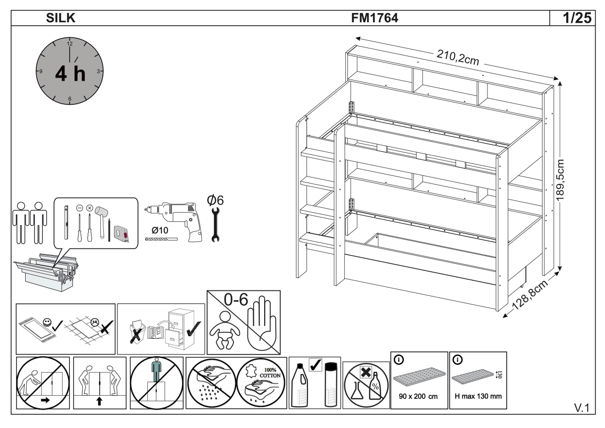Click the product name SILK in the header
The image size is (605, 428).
pyautogui.click(x=61, y=19)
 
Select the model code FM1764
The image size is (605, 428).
pyautogui.click(x=375, y=19)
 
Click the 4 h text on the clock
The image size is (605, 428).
pyautogui.click(x=70, y=74)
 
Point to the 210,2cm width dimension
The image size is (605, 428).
pyautogui.click(x=457, y=58)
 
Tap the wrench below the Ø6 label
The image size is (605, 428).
pyautogui.click(x=215, y=223)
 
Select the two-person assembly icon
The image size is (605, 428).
pyautogui.click(x=29, y=222)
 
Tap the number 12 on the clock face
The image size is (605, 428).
pyautogui.click(x=70, y=44)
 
